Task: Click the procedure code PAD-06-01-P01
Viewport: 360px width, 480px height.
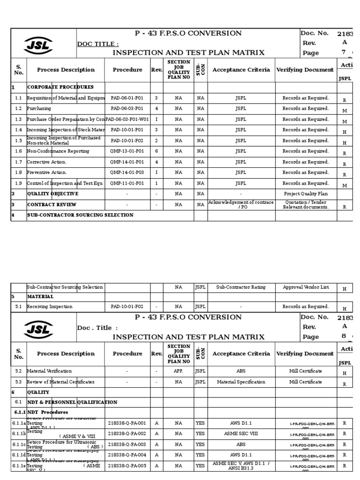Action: [127, 98]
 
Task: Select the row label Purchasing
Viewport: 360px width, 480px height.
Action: [39, 109]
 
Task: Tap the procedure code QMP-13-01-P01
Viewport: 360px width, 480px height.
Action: [127, 151]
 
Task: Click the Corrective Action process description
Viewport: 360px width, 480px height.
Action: [47, 162]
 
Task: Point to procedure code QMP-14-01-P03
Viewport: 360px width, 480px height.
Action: [127, 172]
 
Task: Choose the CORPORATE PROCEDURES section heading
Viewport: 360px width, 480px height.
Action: [60, 87]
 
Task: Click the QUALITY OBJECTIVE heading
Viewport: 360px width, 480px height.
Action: [52, 194]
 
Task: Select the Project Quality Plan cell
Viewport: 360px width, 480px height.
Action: [306, 194]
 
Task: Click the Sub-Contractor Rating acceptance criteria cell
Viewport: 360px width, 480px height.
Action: [240, 287]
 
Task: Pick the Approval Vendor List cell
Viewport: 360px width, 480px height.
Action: [306, 287]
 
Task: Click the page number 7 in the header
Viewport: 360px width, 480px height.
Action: [343, 52]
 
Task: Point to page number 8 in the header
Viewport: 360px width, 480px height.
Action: [343, 337]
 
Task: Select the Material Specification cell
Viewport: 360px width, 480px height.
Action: [240, 382]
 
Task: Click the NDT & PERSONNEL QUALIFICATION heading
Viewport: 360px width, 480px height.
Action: [72, 402]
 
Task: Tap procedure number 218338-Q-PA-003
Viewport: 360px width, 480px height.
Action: [127, 444]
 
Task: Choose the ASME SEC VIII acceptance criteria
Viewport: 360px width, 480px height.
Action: [240, 434]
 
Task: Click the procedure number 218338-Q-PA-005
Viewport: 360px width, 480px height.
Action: [127, 465]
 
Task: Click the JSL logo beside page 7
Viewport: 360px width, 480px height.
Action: [38, 45]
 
